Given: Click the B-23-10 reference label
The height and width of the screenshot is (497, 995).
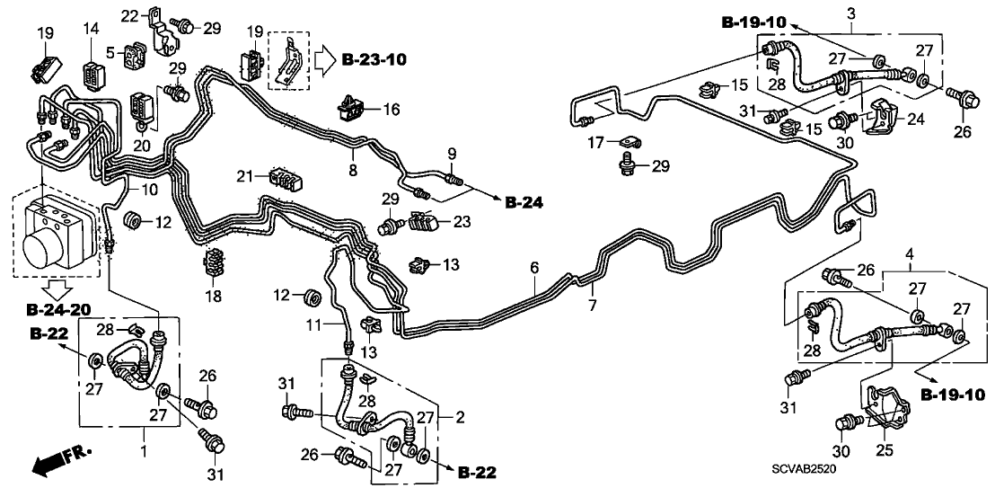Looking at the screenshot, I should [x=374, y=60].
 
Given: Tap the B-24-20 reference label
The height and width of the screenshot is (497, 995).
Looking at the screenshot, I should [x=59, y=310].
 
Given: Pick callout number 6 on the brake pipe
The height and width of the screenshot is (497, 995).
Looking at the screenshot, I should [x=534, y=267].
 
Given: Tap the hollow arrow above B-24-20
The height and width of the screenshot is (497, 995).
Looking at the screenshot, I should [x=59, y=288].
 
